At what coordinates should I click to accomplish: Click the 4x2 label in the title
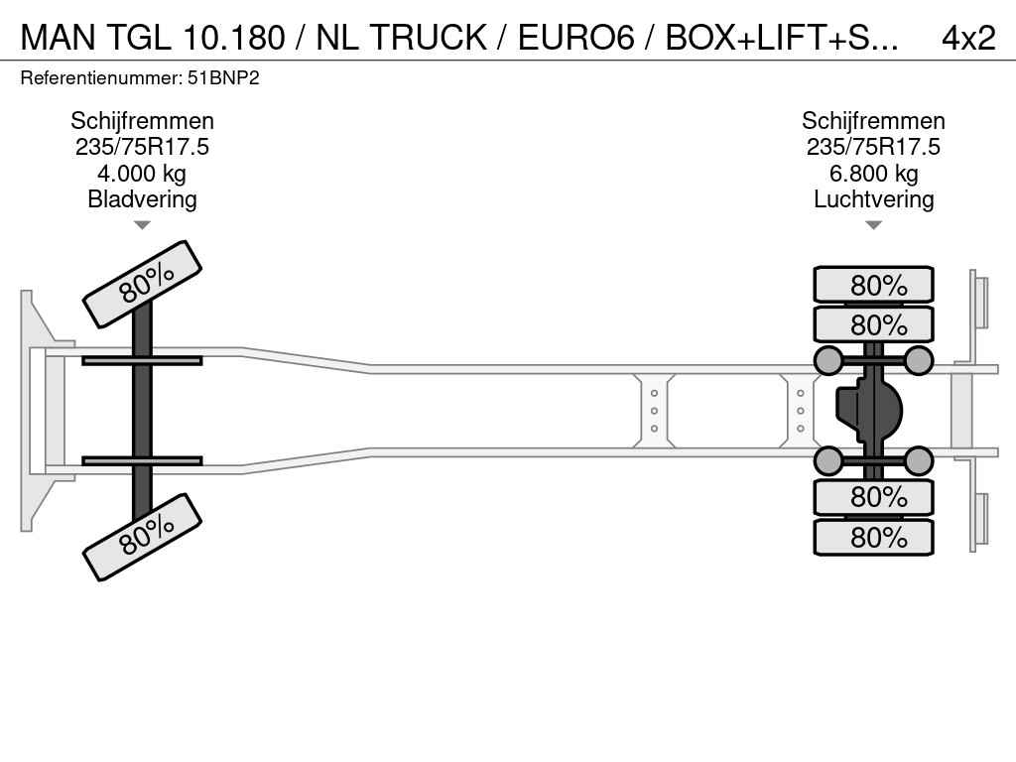coord(967,37)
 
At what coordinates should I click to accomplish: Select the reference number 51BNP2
coord(224,77)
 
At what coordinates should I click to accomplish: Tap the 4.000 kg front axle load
coord(142,174)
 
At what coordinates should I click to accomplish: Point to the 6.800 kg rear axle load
coord(873,174)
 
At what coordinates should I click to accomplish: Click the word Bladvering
coord(142,199)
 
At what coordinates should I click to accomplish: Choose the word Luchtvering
coord(873,199)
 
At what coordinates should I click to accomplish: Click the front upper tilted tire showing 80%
coord(142,284)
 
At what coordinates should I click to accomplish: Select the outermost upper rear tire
coord(873,285)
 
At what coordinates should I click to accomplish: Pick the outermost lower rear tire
coord(873,537)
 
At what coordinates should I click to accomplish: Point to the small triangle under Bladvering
coord(142,225)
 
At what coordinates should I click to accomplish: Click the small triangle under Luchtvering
coord(873,225)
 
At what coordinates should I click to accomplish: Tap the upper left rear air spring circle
coord(827,360)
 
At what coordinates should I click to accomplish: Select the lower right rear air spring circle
coord(919,460)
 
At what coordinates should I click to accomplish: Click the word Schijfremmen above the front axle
coord(142,121)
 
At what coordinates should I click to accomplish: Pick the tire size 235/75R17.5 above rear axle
coord(873,147)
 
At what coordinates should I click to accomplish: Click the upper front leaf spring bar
coord(142,360)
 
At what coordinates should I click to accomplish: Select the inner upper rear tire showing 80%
coord(873,324)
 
